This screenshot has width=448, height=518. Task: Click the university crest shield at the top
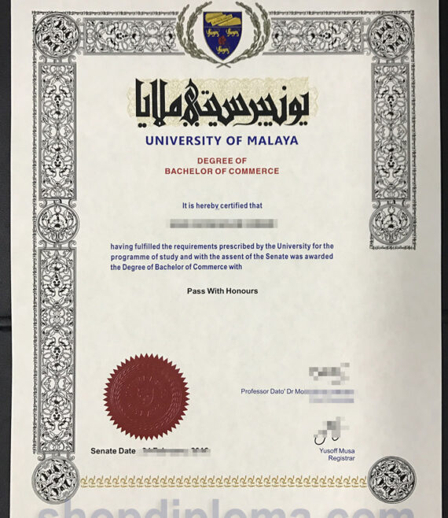coord(222,34)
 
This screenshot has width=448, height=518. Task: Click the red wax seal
coord(145,397)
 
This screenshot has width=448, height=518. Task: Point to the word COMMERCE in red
coord(253,171)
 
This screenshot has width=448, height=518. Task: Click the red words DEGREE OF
coord(222,161)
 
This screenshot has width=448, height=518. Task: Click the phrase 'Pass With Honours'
coord(222,291)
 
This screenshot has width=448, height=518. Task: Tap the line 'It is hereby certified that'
coord(222,205)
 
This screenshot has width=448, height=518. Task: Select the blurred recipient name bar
coord(222,224)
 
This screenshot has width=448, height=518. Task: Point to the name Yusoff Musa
coord(337,450)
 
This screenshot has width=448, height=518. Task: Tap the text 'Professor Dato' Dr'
coord(270,391)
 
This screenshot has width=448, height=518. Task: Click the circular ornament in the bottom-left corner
coord(56,479)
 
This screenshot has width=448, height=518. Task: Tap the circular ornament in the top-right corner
coord(391,34)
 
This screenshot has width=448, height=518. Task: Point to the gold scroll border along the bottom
coord(223,480)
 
